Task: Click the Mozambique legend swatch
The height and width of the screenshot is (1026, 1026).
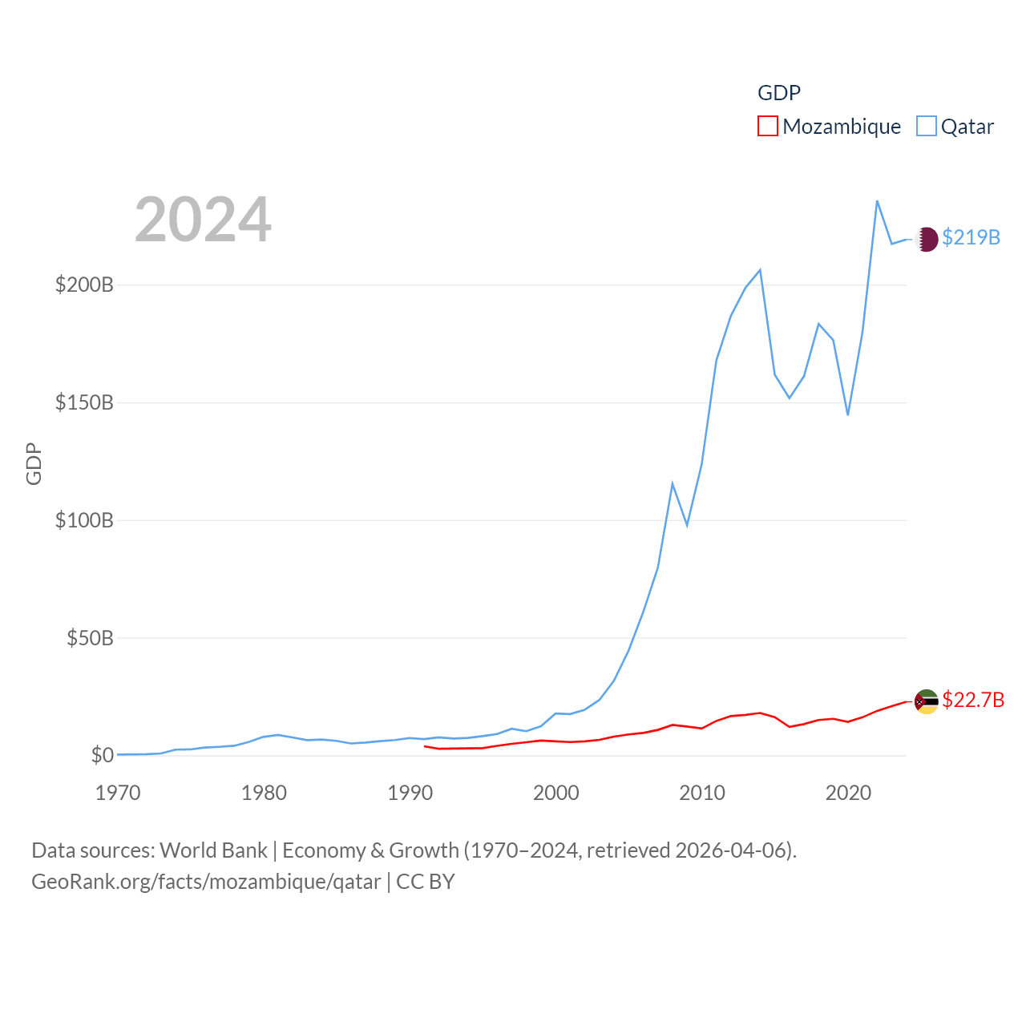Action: pyautogui.click(x=768, y=127)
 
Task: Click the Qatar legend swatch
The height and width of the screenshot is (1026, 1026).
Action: pyautogui.click(x=927, y=127)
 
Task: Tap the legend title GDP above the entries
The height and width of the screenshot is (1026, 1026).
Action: pyautogui.click(x=779, y=93)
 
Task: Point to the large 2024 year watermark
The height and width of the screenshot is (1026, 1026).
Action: pyautogui.click(x=203, y=220)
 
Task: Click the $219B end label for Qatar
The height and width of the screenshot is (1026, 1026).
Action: pyautogui.click(x=971, y=237)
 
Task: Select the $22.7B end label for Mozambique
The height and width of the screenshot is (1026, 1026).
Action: pyautogui.click(x=973, y=700)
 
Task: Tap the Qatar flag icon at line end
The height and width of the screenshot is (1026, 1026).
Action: pyautogui.click(x=927, y=239)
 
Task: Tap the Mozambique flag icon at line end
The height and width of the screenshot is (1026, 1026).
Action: pyautogui.click(x=927, y=701)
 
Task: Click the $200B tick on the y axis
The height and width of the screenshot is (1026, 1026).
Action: pyautogui.click(x=84, y=285)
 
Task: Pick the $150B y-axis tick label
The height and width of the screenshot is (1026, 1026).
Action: pyautogui.click(x=84, y=402)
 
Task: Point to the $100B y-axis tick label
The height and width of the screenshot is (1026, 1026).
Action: pyautogui.click(x=84, y=520)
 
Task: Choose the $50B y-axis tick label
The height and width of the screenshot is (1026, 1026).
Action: pyautogui.click(x=90, y=638)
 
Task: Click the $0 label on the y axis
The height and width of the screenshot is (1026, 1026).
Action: pyautogui.click(x=102, y=755)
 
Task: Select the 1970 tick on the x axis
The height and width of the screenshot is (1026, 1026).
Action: pyautogui.click(x=118, y=793)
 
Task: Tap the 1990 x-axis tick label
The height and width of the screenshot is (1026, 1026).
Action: pyautogui.click(x=410, y=793)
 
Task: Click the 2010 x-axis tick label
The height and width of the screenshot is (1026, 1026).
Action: pyautogui.click(x=702, y=793)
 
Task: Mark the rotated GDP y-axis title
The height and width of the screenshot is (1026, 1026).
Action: pyautogui.click(x=34, y=463)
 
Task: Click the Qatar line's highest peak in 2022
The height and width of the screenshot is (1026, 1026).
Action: pyautogui.click(x=877, y=201)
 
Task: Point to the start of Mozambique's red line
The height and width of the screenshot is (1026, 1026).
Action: pyautogui.click(x=425, y=746)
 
